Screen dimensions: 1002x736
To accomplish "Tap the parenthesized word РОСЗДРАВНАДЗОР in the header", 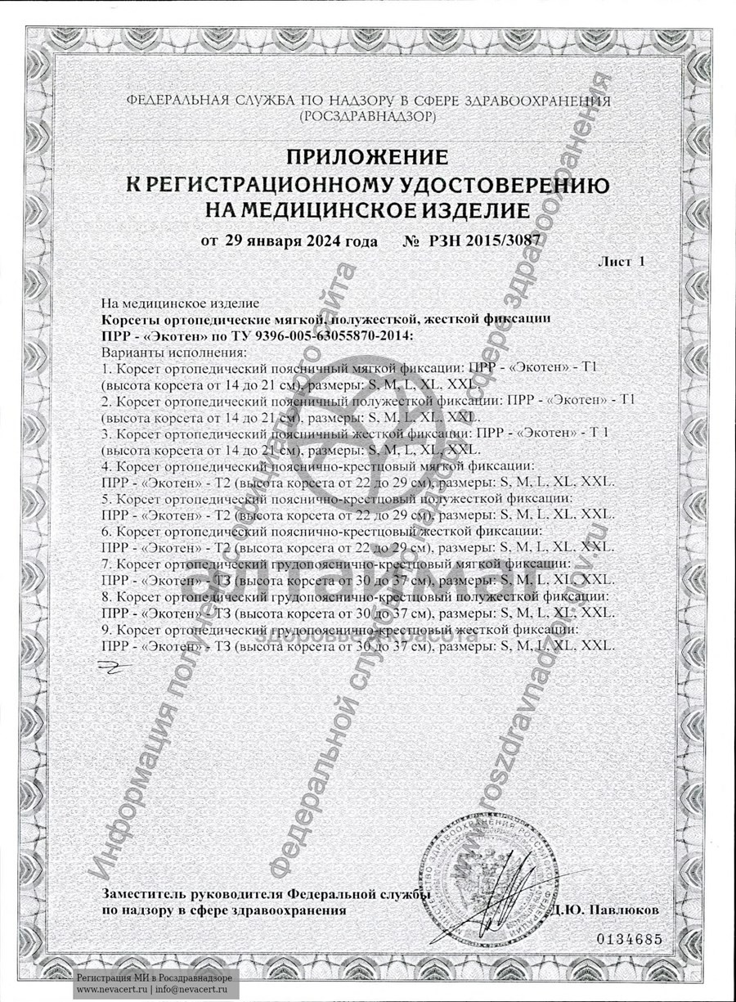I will (x=368, y=117).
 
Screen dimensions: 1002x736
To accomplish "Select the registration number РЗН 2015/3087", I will (x=482, y=241).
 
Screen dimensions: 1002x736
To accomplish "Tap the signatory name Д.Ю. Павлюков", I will (x=604, y=910).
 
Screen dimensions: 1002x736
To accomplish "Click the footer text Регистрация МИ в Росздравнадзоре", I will (x=155, y=977).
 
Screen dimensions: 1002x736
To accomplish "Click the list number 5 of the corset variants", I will (x=105, y=498).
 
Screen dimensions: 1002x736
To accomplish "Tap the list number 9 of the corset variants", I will (x=105, y=630).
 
